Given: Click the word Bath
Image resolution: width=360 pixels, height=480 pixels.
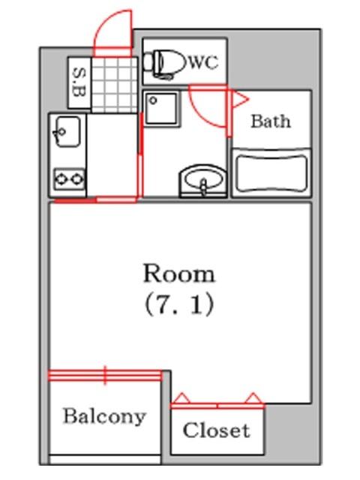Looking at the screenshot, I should click(x=270, y=121).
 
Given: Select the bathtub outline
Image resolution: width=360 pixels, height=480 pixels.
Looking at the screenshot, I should click(x=271, y=172).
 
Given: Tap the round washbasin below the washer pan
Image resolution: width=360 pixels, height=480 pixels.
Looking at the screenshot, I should click(x=202, y=180).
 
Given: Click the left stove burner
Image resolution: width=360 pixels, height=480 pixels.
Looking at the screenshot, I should click(x=60, y=178).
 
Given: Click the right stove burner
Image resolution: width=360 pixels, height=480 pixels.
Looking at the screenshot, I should click(x=76, y=178).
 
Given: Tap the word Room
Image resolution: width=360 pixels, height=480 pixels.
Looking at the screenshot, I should click(x=178, y=273).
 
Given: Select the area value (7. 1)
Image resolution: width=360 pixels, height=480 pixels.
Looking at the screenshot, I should click(x=178, y=304).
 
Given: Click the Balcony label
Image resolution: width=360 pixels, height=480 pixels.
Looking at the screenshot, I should click(x=103, y=416).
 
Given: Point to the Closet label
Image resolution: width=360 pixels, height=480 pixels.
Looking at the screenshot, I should click(x=216, y=430).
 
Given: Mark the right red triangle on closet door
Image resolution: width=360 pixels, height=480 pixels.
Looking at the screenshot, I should click(x=253, y=399).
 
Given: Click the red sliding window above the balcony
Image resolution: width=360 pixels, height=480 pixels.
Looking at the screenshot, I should click(x=105, y=374).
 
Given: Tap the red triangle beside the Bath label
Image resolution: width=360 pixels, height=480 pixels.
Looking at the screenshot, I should click(x=239, y=98).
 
